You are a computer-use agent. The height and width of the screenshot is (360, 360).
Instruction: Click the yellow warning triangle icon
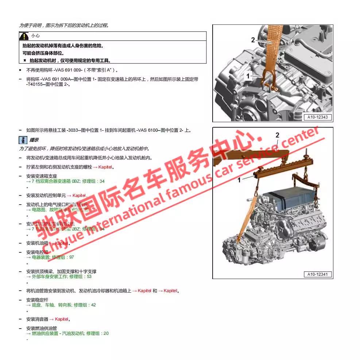pyautogui.click(x=24, y=36)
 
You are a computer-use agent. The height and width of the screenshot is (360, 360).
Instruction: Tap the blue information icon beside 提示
pyautogui.click(x=23, y=140)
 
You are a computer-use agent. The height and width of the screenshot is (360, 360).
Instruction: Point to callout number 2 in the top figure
pyautogui.click(x=253, y=40)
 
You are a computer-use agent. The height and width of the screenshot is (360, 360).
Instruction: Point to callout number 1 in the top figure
pyautogui.click(x=248, y=76)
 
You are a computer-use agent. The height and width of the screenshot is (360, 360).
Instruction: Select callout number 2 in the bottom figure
pyautogui.click(x=277, y=135)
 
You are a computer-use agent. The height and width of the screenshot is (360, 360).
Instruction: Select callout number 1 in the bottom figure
pyautogui.click(x=239, y=180)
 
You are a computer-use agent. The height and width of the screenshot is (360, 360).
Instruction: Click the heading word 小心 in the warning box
pyautogui.click(x=35, y=36)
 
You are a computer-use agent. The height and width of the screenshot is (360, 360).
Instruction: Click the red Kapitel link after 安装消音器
pyautogui.click(x=62, y=319)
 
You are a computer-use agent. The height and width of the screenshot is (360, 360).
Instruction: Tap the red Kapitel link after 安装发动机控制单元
pyautogui.click(x=78, y=196)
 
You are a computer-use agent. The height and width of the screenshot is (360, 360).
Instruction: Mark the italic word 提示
pyautogui.click(x=34, y=140)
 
